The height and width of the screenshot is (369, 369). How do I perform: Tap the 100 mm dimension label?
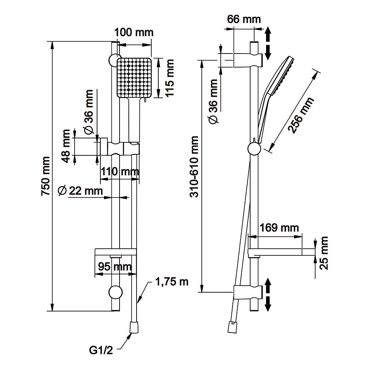(134, 32)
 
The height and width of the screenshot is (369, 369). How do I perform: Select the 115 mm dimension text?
(169, 78)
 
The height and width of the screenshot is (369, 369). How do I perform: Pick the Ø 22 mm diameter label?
(80, 191)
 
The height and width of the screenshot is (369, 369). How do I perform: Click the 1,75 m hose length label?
(172, 282)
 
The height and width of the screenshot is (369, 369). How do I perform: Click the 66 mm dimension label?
(244, 19)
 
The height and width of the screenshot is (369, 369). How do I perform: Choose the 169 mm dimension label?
(279, 227)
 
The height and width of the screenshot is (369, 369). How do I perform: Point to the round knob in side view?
(254, 149)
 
